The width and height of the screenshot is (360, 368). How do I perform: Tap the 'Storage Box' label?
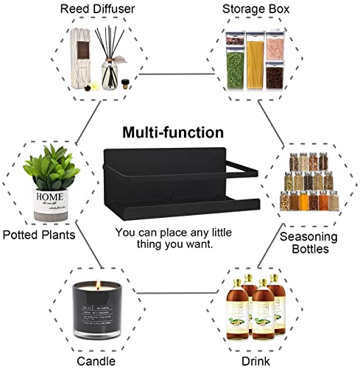(256, 9)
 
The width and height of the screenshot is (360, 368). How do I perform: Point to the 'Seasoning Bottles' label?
(308, 243)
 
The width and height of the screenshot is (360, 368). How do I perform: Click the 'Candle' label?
(96, 361)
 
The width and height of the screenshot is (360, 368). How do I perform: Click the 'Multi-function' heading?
(172, 133)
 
